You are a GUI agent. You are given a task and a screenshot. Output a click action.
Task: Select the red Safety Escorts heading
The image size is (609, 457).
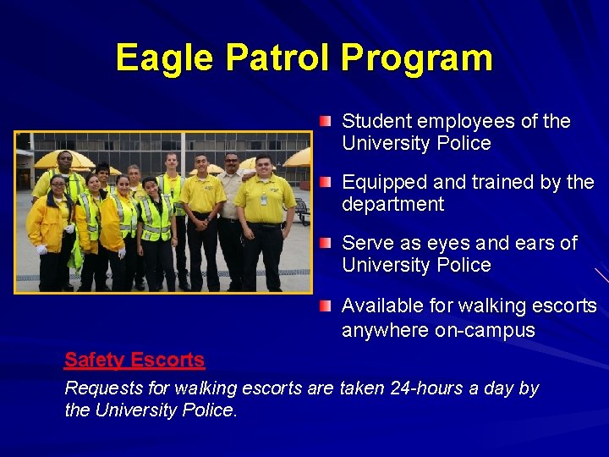click(x=134, y=360)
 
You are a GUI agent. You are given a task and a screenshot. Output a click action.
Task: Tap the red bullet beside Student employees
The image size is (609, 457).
click(x=326, y=122)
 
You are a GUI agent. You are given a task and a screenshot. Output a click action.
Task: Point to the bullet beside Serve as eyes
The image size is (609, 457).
click(x=326, y=244)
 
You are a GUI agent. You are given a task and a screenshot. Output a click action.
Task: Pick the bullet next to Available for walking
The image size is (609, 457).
click(x=326, y=305)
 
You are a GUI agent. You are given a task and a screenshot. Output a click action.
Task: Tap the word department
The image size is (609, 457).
click(x=392, y=205)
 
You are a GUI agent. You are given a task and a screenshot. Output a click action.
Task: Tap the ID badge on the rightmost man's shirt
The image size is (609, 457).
click(x=264, y=200)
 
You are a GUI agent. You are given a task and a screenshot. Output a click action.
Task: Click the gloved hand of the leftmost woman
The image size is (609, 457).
click(x=41, y=249)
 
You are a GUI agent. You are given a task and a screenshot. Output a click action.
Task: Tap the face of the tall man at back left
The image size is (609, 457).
click(x=64, y=161)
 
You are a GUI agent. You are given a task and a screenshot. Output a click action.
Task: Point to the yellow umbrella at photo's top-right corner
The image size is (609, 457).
click(x=298, y=157)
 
